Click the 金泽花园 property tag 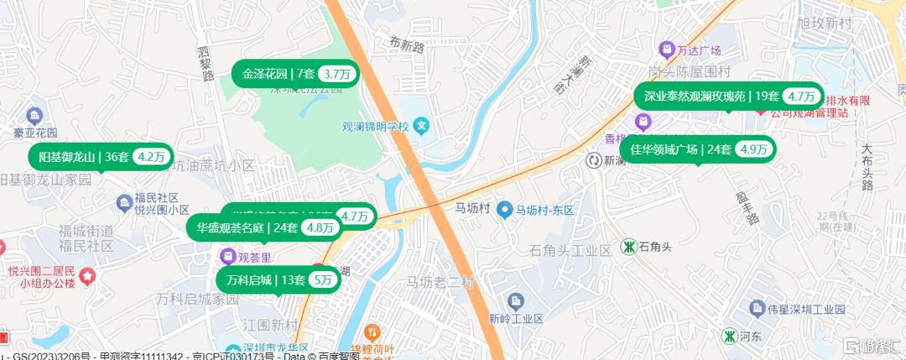(x=277, y=74)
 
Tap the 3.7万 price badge (x=339, y=74)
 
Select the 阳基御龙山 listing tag (x=82, y=156)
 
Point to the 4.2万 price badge (x=153, y=156)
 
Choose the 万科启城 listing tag (x=261, y=280)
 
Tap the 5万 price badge (x=322, y=280)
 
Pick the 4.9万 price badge (x=753, y=149)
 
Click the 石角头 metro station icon (x=627, y=247)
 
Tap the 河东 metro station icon (x=729, y=336)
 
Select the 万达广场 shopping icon (x=667, y=50)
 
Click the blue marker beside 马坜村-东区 (x=504, y=209)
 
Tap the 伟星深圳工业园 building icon (x=757, y=308)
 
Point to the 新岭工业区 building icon (x=515, y=300)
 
